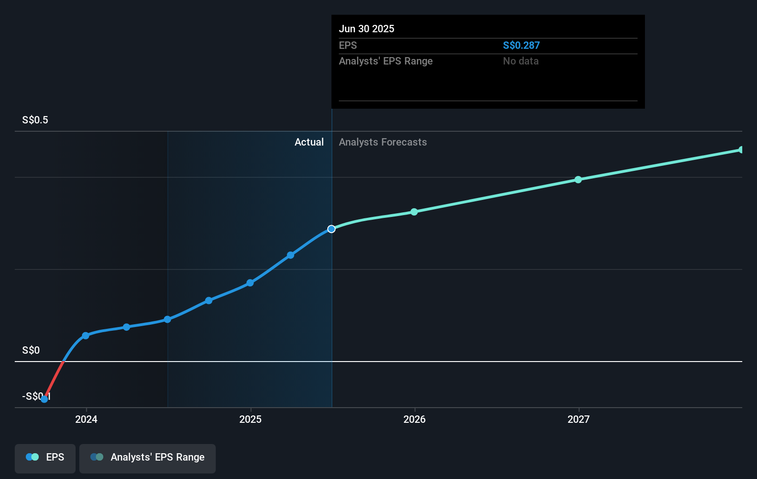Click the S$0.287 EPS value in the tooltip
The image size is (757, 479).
click(x=521, y=45)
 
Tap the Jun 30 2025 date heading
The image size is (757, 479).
click(x=367, y=29)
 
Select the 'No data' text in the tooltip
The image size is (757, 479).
click(x=520, y=61)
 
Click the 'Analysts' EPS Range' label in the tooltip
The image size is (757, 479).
click(x=385, y=61)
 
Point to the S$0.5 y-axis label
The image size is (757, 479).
click(x=35, y=120)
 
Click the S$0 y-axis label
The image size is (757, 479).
click(x=31, y=350)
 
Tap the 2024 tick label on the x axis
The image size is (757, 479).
click(x=86, y=419)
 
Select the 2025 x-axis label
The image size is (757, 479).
click(x=250, y=419)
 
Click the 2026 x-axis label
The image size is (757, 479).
click(x=414, y=419)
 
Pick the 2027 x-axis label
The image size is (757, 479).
click(x=579, y=419)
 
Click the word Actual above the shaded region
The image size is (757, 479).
click(x=309, y=142)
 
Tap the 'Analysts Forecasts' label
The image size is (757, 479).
click(x=383, y=142)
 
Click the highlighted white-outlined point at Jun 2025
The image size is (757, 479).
click(x=331, y=229)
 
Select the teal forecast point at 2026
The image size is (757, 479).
click(x=414, y=212)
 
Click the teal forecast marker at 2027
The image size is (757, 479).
click(x=578, y=180)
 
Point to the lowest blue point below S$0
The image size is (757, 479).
click(x=44, y=399)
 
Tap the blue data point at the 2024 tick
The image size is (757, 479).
click(x=86, y=336)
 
